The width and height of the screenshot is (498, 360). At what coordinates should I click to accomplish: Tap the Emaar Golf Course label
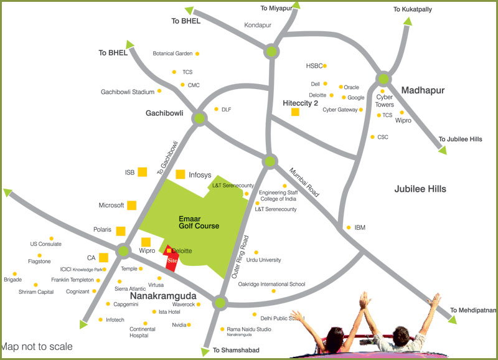199,222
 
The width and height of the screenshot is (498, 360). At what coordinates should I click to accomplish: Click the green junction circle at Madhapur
383,78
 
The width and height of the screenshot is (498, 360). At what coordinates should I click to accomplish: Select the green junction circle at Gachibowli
199,118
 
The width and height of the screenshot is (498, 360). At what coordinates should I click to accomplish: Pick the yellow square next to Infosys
181,175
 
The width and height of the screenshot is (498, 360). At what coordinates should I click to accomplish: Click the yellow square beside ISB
142,172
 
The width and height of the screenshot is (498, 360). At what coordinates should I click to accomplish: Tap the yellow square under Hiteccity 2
295,113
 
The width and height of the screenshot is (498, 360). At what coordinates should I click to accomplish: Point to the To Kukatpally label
412,9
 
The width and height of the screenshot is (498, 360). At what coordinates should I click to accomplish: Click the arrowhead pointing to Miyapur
296,5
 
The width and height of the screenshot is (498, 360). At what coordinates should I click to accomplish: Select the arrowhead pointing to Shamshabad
205,353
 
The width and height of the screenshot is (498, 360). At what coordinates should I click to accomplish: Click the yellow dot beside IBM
349,227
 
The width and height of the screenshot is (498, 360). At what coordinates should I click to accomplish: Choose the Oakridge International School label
272,284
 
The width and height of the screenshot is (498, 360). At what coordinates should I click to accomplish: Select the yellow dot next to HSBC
325,65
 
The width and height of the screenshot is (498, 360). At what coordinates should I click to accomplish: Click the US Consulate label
45,244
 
